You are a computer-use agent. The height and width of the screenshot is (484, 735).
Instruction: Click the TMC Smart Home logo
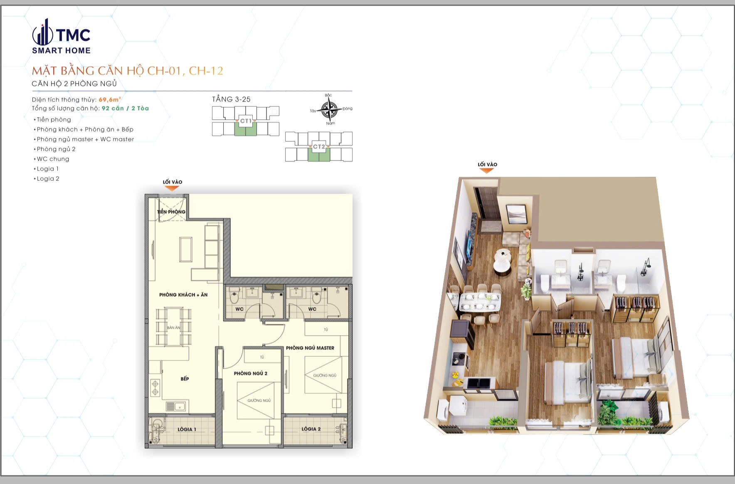[x=61, y=37]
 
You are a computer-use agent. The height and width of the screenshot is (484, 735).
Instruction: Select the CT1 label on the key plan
[x=246, y=121]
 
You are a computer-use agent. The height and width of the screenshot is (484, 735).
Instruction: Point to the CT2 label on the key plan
[x=319, y=147]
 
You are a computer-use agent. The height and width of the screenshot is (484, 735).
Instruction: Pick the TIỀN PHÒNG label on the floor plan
[x=171, y=212]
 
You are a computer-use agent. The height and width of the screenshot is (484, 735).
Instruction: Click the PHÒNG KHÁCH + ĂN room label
[x=183, y=295]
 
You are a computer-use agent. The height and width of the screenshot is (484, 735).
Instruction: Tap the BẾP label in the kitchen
[x=185, y=379]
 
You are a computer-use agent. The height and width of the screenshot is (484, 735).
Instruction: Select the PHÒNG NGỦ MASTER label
[x=310, y=348]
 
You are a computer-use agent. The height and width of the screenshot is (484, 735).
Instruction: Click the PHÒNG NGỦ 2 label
[x=250, y=373]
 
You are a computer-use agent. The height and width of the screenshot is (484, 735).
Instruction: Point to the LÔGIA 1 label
[x=187, y=429]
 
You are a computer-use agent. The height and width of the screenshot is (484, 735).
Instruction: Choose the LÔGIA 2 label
[x=311, y=429]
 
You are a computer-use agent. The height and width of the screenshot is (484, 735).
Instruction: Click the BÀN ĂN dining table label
[x=174, y=328]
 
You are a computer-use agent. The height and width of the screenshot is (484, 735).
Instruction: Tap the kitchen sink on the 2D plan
[x=176, y=406]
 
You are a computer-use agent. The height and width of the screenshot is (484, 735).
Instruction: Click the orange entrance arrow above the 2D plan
[x=172, y=188]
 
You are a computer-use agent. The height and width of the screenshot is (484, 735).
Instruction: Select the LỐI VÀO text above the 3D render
[x=487, y=164]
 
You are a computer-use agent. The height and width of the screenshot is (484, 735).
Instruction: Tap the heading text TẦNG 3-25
[x=231, y=99]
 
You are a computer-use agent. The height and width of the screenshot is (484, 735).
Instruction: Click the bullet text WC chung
[x=53, y=159]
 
